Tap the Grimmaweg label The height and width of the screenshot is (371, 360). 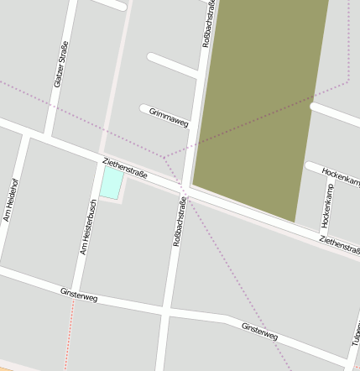tap(169, 117)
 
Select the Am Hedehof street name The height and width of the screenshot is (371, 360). tap(10, 200)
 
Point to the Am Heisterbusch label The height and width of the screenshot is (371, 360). tap(87, 227)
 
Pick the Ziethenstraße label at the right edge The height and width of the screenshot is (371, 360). tap(339, 245)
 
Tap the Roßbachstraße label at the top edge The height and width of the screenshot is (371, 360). tap(208, 24)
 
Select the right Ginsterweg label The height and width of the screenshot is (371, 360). tap(258, 331)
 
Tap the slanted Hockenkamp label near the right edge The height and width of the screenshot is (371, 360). tap(340, 177)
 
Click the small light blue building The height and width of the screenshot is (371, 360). tap(111, 182)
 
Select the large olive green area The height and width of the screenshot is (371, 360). tap(260, 101)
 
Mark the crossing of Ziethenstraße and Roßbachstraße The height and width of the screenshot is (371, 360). tap(186, 196)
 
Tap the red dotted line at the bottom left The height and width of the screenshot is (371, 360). tap(70, 336)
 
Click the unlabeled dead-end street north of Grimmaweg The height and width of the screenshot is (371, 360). tap(171, 65)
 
